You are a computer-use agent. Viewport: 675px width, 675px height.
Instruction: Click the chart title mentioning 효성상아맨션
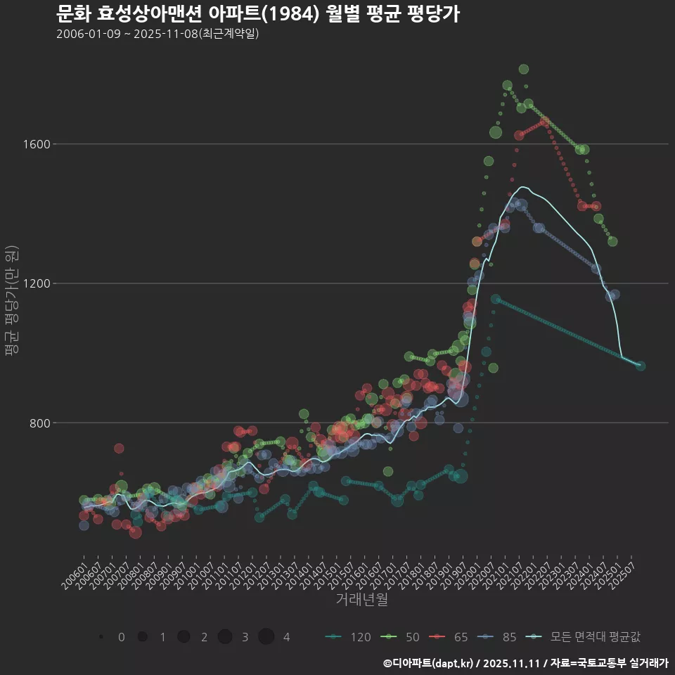click(257, 13)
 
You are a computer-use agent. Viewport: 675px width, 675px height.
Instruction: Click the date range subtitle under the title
click(157, 34)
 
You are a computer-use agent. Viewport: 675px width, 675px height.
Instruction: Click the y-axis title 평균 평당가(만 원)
click(11, 302)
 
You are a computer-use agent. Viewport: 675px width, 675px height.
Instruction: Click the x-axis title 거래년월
click(361, 599)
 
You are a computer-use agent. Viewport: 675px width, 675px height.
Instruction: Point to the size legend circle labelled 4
click(266, 637)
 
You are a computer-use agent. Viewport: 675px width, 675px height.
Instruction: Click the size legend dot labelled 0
click(101, 637)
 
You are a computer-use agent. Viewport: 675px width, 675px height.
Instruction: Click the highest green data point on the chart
click(523, 69)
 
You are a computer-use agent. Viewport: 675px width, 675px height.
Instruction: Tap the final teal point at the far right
click(641, 366)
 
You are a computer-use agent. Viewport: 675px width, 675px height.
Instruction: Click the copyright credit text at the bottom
click(526, 663)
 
